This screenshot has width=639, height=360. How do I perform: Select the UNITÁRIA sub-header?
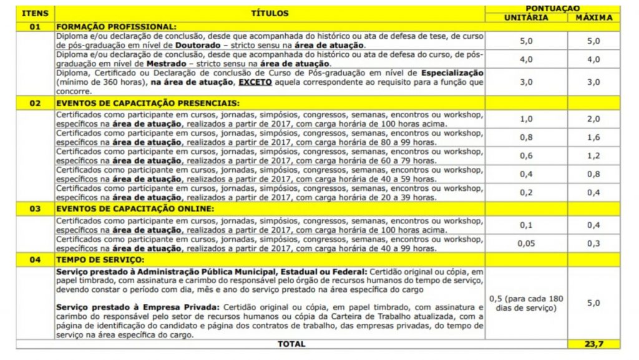coord(525,17)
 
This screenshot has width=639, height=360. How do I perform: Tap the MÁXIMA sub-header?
coord(593,17)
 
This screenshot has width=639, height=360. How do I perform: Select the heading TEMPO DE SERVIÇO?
coord(100,260)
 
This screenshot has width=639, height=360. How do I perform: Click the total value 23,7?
coord(593,343)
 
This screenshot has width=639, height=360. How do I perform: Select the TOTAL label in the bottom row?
coord(291,343)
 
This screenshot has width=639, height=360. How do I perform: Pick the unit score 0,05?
coord(525,243)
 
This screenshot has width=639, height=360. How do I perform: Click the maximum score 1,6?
coord(593,137)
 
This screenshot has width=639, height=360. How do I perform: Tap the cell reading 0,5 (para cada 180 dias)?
coord(525,303)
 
